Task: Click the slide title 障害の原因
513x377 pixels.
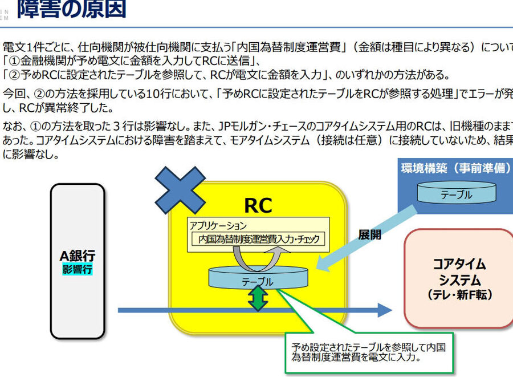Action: (x=71, y=10)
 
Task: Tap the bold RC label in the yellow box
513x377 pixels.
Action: (x=258, y=205)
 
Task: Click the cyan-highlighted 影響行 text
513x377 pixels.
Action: (x=78, y=269)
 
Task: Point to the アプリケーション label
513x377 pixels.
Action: (x=218, y=225)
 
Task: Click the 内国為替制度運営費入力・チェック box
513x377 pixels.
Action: (x=258, y=239)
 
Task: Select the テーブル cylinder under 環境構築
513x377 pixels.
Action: (x=456, y=194)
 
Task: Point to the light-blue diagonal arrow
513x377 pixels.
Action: (x=365, y=238)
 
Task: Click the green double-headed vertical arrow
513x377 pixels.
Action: (x=258, y=298)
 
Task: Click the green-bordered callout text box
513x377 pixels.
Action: (x=368, y=352)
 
